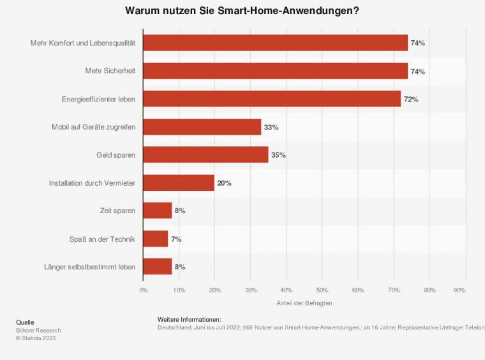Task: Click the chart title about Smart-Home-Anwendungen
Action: [242, 11]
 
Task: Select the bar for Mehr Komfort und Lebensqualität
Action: [276, 43]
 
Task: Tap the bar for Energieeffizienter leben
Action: [272, 99]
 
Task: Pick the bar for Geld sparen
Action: [205, 154]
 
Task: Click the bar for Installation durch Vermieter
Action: [179, 183]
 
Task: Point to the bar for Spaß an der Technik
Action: [156, 239]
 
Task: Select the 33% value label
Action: [271, 127]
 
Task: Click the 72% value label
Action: [411, 99]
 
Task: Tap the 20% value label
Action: [224, 183]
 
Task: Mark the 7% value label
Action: [176, 239]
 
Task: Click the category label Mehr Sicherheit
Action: [110, 71]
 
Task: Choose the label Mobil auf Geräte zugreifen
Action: [93, 127]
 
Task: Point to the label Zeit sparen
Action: [117, 211]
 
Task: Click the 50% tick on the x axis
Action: [322, 290]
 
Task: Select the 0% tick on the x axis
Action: [144, 290]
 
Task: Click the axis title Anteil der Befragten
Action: [304, 303]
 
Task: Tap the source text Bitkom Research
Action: [38, 330]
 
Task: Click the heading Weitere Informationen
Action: [189, 319]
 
